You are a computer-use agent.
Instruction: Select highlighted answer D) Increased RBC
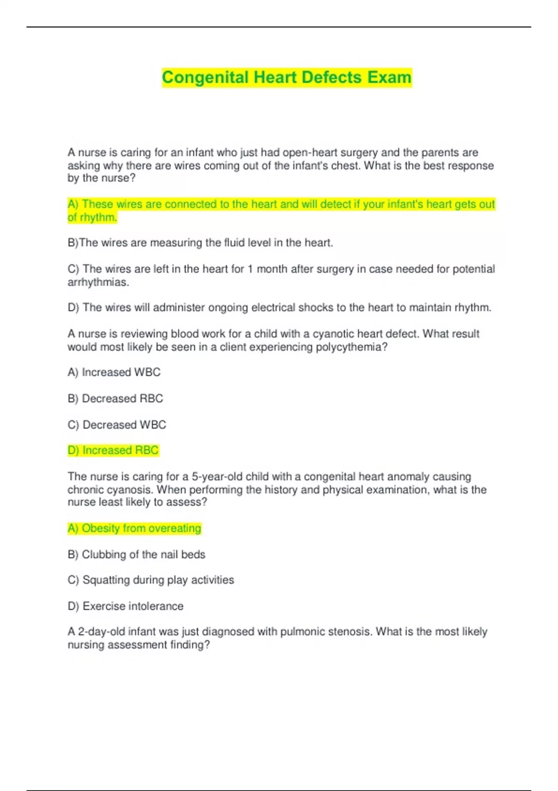pyautogui.click(x=113, y=450)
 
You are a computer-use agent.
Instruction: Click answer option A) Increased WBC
pyautogui.click(x=114, y=372)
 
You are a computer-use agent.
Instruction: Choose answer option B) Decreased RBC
pyautogui.click(x=115, y=398)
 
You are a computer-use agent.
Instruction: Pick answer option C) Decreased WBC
pyautogui.click(x=117, y=424)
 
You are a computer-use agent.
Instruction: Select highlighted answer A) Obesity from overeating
pyautogui.click(x=134, y=528)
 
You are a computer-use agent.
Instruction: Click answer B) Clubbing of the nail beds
pyautogui.click(x=136, y=554)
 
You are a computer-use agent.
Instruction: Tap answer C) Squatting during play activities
pyautogui.click(x=151, y=580)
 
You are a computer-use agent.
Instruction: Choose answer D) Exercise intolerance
pyautogui.click(x=126, y=606)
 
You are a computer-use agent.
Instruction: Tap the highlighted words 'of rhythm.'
pyautogui.click(x=92, y=217)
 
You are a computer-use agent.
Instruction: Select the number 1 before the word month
pyautogui.click(x=250, y=269)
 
